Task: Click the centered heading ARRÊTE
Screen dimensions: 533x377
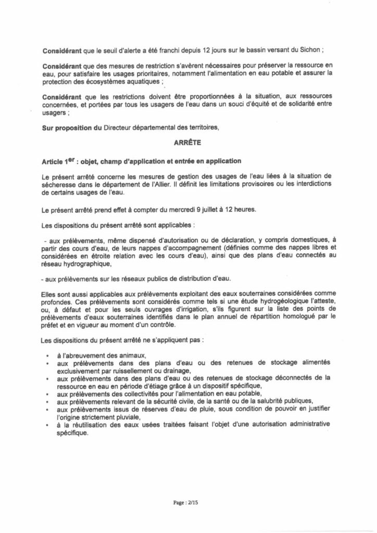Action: pos(187,141)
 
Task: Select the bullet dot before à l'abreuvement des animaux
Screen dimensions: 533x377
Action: pos(47,354)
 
